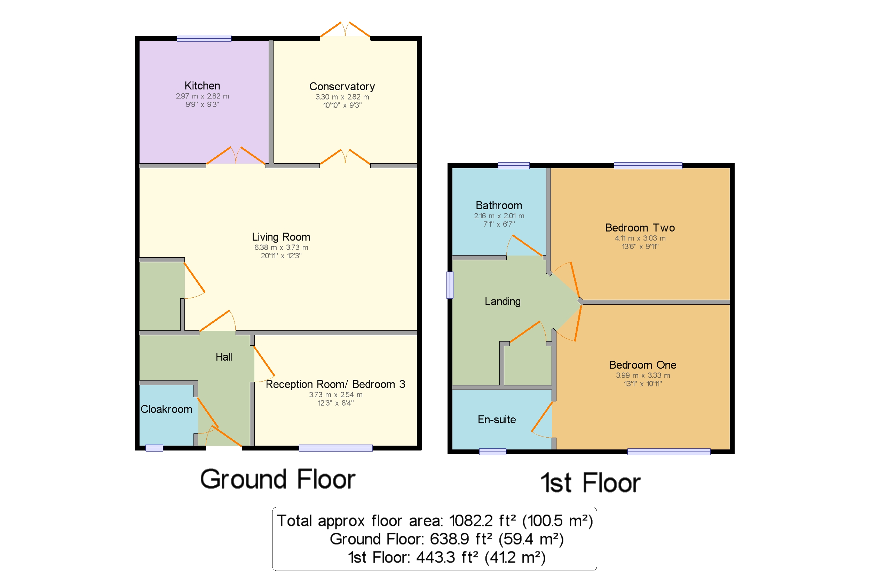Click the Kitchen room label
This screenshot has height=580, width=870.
[202, 85]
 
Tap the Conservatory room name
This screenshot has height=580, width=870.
[342, 87]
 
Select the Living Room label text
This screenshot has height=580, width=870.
[281, 237]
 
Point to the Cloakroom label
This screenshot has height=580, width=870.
[166, 409]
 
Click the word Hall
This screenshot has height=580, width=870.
[224, 356]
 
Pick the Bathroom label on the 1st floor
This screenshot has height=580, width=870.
[499, 205]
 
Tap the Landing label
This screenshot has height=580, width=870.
[503, 301]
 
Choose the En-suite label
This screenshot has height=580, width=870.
[497, 420]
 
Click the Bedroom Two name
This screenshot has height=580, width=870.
[640, 227]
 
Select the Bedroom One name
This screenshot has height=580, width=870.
[643, 365]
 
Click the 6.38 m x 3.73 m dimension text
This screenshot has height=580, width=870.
[281, 248]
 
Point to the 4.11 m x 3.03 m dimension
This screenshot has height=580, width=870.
[640, 238]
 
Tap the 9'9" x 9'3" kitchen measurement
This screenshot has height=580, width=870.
[202, 105]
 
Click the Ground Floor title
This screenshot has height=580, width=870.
[278, 479]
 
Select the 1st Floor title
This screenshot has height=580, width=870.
[591, 483]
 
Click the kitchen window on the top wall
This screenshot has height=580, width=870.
[204, 38]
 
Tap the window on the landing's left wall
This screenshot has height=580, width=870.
[450, 285]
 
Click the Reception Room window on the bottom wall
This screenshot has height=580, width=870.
[336, 448]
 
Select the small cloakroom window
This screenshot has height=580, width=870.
[154, 448]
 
